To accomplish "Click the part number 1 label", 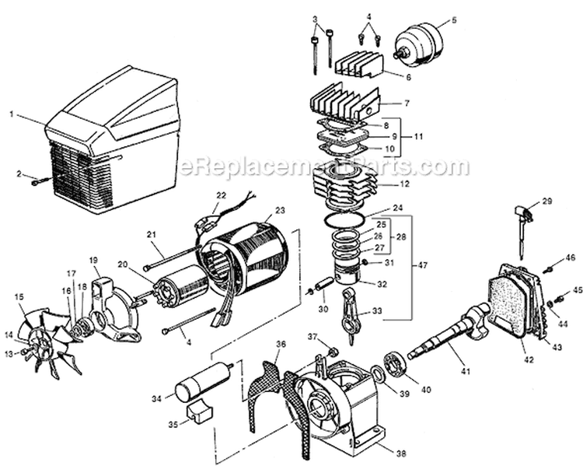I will click(12, 114).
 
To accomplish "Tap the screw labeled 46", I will click(547, 269).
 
